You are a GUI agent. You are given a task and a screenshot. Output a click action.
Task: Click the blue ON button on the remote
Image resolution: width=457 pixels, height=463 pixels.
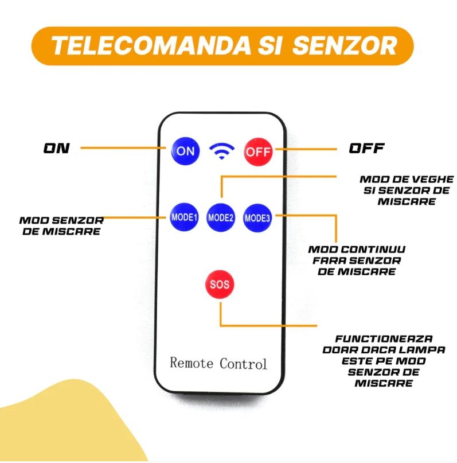(x=185, y=151)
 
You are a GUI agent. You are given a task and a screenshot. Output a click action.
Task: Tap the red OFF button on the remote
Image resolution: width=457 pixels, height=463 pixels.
(x=257, y=152)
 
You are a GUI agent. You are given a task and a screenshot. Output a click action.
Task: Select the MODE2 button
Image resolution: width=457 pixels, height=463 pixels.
(x=221, y=217)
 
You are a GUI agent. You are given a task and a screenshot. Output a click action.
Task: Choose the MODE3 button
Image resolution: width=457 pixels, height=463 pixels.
(x=257, y=217)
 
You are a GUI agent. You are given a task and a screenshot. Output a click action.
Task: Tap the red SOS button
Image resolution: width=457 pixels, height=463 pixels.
(x=220, y=284)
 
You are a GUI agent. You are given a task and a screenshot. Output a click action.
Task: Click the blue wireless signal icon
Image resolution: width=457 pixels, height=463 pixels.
(x=222, y=151)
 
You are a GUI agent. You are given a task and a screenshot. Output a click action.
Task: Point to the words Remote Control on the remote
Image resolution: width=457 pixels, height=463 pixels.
(x=218, y=363)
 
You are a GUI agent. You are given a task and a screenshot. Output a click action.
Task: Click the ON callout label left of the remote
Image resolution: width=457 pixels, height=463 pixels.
(x=57, y=148)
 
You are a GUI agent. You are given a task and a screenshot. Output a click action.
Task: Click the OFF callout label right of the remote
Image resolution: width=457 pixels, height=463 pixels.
(x=367, y=148)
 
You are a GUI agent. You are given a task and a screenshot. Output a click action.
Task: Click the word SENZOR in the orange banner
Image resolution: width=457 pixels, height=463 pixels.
(x=344, y=45)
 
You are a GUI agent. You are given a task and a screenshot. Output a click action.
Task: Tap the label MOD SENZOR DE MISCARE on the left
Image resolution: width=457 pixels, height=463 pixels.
(x=61, y=225)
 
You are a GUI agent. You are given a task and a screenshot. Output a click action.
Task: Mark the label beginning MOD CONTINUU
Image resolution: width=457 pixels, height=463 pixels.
(x=357, y=260)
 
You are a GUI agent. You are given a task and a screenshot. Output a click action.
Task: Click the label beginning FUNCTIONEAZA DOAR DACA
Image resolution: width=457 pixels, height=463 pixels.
(x=384, y=360)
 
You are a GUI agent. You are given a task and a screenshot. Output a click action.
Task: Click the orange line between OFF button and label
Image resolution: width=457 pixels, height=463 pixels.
(x=304, y=149)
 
